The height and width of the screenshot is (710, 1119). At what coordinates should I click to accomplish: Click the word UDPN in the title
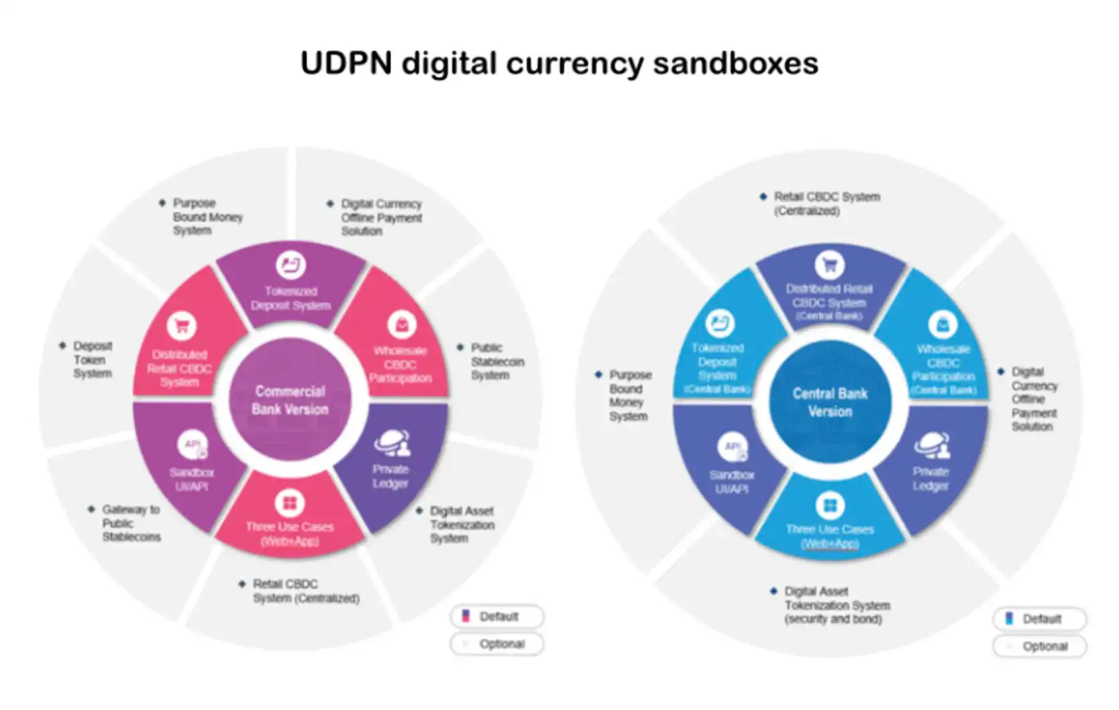[345, 64]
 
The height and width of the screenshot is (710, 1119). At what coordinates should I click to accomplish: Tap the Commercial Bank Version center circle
[290, 400]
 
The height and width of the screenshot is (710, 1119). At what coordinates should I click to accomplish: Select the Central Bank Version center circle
[830, 402]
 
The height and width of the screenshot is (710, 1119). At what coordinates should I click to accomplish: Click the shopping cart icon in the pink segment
[181, 327]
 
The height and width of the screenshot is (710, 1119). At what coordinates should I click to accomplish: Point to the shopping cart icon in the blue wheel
[829, 265]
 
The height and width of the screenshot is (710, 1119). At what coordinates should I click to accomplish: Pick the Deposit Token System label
[92, 360]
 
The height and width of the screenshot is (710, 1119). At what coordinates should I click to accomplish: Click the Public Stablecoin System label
[496, 362]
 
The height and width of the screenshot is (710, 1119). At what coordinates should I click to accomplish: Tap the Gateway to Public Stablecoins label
[131, 523]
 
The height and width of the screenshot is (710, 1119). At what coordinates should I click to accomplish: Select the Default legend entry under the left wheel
[497, 617]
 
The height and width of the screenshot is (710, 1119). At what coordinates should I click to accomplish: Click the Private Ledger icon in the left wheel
[392, 443]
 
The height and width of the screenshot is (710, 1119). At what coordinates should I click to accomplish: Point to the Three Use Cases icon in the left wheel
[290, 503]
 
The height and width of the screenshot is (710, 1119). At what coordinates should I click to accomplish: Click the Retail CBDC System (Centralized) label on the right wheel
[826, 203]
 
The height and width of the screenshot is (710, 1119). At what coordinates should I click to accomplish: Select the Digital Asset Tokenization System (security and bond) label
[837, 605]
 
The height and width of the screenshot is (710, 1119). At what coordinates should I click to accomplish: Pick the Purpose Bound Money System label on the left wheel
[207, 217]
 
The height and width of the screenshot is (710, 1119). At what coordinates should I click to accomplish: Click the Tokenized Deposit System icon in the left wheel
[290, 265]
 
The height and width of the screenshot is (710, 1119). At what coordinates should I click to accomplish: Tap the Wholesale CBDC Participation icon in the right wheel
[943, 325]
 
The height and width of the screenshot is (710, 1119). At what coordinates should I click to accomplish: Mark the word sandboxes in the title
[735, 64]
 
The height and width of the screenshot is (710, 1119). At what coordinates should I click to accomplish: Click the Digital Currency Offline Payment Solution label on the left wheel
[381, 217]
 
